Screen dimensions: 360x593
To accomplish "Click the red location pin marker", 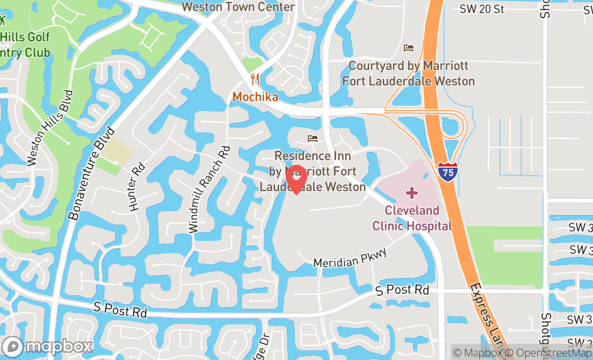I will point(296,179).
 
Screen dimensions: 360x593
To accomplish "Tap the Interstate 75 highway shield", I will point(447,172).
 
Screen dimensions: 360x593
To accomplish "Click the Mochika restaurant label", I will point(256,97).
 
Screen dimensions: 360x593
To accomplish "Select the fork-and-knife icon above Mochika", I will point(255,79).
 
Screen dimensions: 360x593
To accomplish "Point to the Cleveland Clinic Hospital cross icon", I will point(412,193).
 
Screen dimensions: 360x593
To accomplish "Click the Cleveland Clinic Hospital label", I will point(412,218).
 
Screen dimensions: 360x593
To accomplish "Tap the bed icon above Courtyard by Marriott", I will point(409,48).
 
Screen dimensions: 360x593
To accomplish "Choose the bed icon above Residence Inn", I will point(313,139).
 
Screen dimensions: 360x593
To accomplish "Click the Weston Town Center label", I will point(238,7).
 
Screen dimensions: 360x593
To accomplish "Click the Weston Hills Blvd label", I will point(50,127).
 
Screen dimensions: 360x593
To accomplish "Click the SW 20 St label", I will point(482,9).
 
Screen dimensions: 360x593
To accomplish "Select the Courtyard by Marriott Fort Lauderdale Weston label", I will point(409,73).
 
